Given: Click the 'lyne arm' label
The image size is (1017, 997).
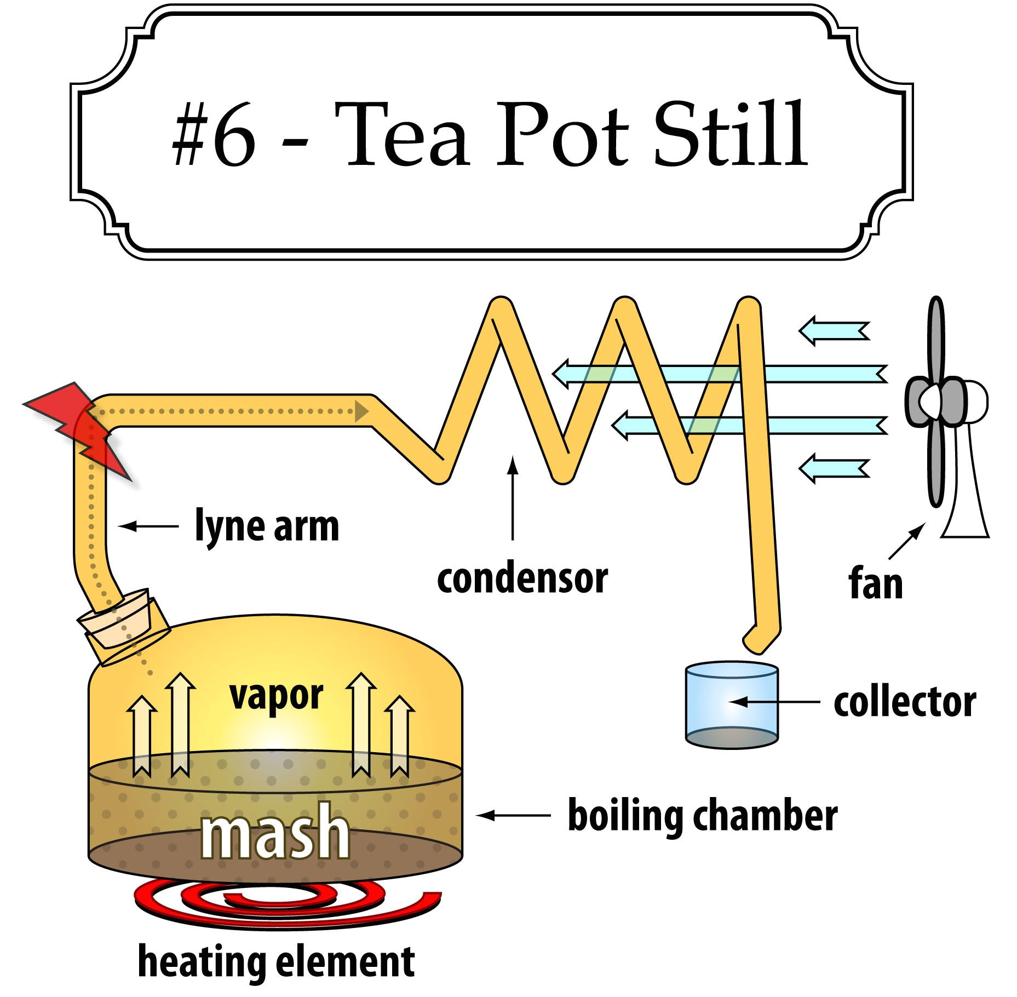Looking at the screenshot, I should (267, 526).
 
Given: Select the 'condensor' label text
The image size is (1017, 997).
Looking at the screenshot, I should (522, 578).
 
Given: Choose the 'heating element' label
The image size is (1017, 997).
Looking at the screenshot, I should (276, 961).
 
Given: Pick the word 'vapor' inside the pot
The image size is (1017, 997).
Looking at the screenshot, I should (277, 696).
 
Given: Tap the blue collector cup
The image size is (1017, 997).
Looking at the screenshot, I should (732, 706).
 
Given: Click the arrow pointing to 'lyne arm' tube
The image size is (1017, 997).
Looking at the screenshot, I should (148, 526).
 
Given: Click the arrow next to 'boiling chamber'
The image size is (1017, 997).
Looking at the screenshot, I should (512, 815).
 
